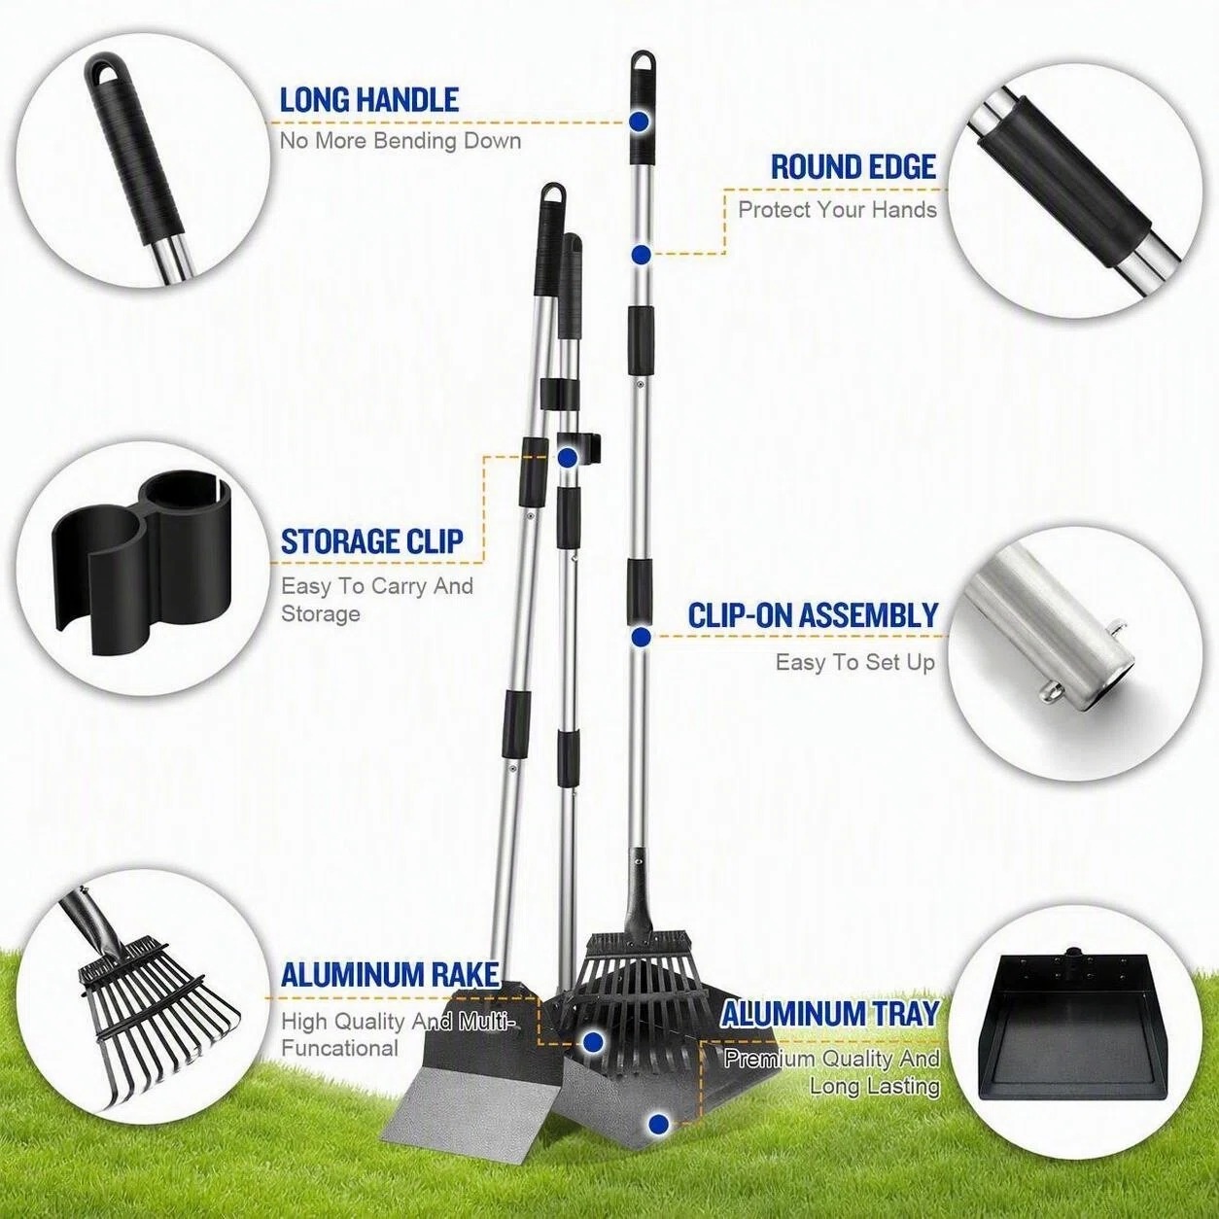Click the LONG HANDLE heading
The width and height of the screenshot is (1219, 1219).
368,100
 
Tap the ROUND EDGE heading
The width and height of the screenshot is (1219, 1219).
853,167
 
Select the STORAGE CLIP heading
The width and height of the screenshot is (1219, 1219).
372,541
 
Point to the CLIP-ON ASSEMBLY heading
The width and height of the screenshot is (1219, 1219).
813,615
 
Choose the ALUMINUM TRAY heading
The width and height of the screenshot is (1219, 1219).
830,1032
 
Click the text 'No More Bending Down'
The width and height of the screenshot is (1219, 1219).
401,140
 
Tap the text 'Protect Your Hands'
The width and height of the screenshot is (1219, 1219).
838,209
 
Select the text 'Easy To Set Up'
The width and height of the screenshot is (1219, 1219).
855,662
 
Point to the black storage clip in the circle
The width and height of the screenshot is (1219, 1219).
142,563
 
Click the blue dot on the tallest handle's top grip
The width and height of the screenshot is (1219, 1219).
640,121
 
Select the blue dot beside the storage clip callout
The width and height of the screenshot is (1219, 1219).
567,457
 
